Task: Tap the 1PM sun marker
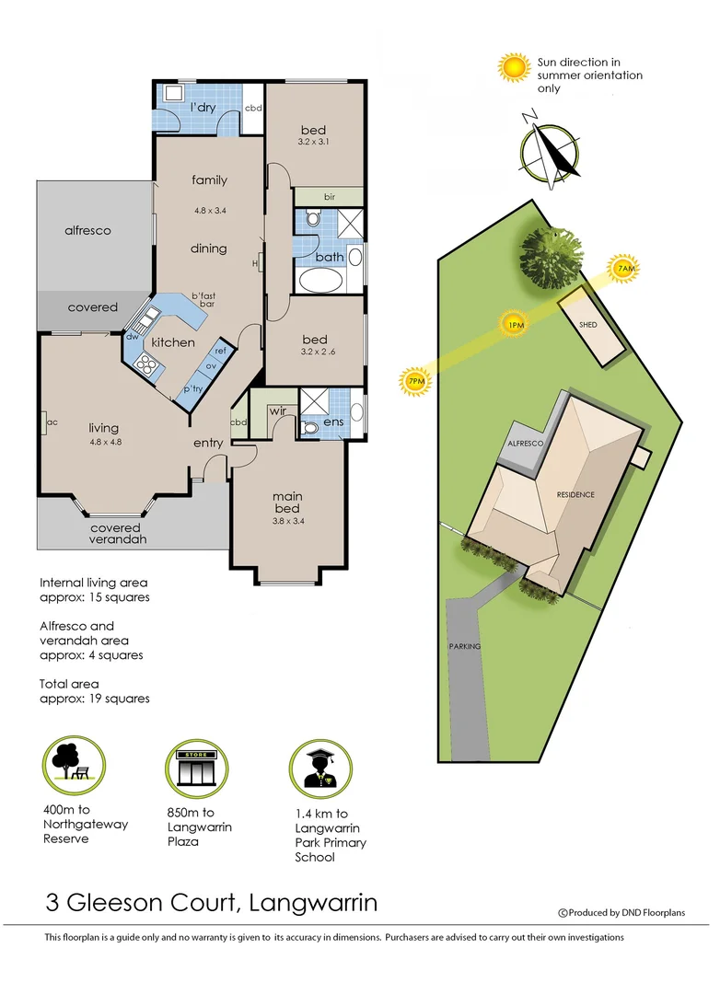[x=514, y=324]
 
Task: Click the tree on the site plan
[x=550, y=257]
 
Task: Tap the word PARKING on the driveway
[x=465, y=646]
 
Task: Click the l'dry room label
[x=202, y=109]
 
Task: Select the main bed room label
[x=287, y=503]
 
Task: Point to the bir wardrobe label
[x=329, y=197]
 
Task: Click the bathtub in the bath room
[x=319, y=280]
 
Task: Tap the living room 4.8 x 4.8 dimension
[x=103, y=443]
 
